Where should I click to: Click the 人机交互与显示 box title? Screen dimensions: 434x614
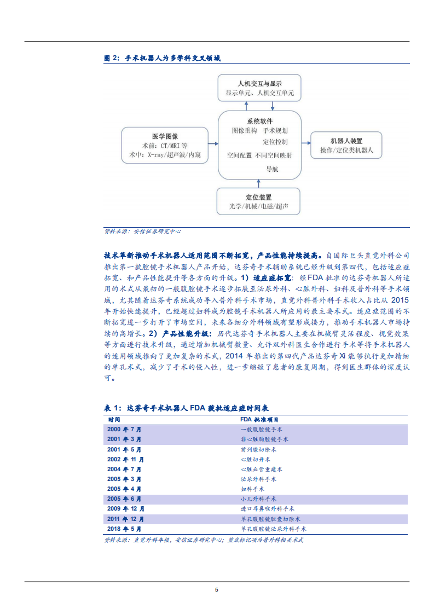(x=259, y=84)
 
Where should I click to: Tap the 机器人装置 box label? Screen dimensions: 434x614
(x=346, y=141)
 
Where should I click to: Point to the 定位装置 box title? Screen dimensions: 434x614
(x=259, y=197)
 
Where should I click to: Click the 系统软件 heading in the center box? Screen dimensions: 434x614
(x=260, y=121)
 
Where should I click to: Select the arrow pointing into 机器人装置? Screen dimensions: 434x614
(x=306, y=146)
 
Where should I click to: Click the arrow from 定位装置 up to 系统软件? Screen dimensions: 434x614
(x=259, y=183)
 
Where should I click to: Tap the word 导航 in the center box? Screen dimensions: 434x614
(x=272, y=169)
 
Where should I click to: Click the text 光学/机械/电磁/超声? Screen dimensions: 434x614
(x=259, y=207)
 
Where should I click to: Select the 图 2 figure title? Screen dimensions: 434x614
(x=162, y=58)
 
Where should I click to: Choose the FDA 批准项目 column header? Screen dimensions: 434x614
(x=259, y=419)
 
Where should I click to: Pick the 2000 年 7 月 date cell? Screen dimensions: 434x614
(x=124, y=430)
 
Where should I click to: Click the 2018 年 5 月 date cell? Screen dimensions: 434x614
(x=124, y=529)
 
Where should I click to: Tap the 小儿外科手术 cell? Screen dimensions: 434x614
(x=258, y=499)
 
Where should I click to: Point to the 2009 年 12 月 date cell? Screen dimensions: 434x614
(x=126, y=509)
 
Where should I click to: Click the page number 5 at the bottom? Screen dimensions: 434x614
(x=217, y=589)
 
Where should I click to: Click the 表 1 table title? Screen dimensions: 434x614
(x=186, y=408)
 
